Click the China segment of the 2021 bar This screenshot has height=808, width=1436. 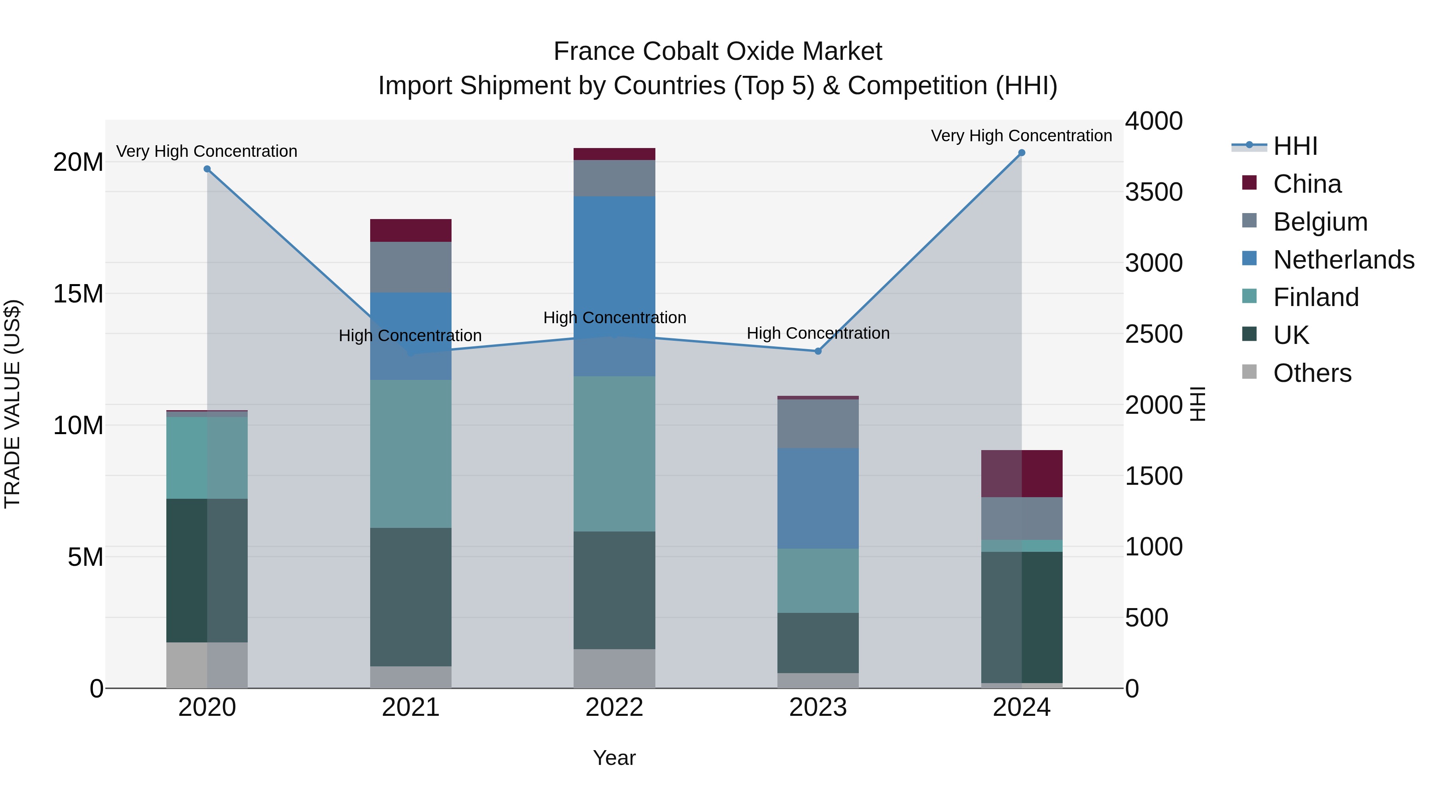pyautogui.click(x=410, y=230)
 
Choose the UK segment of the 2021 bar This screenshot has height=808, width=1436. pyautogui.click(x=410, y=597)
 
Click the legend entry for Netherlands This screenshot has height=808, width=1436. pyautogui.click(x=1343, y=260)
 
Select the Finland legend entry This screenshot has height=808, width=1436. pyautogui.click(x=1316, y=297)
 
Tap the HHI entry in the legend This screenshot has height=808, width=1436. pyautogui.click(x=1295, y=146)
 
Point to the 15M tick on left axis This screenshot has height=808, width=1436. pyautogui.click(x=78, y=294)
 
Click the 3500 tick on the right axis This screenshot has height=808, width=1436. pyautogui.click(x=1153, y=192)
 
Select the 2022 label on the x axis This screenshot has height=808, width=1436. pyautogui.click(x=614, y=707)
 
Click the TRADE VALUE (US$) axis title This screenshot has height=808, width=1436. pyautogui.click(x=12, y=404)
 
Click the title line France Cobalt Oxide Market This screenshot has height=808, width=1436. pyautogui.click(x=718, y=51)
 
